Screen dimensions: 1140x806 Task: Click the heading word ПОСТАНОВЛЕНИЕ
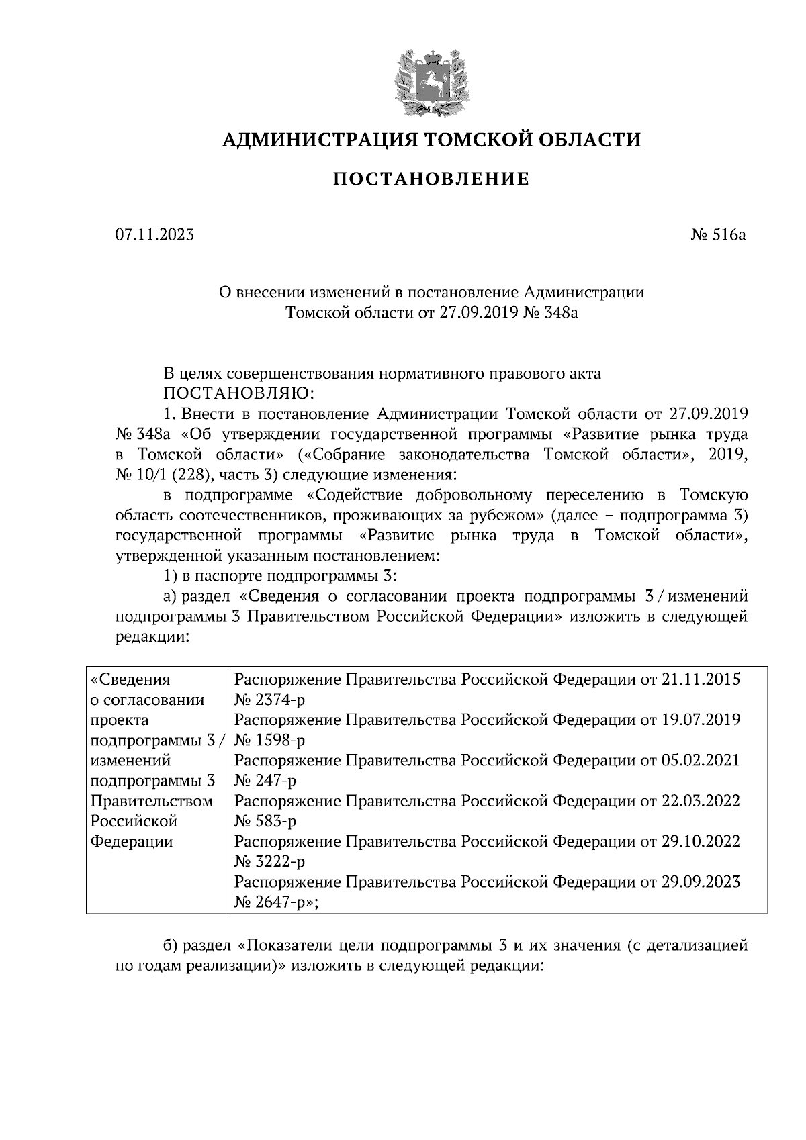(x=431, y=179)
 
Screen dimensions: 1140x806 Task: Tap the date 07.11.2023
(x=154, y=235)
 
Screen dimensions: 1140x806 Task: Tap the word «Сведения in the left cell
(x=130, y=679)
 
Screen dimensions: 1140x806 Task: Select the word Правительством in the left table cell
(x=152, y=801)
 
